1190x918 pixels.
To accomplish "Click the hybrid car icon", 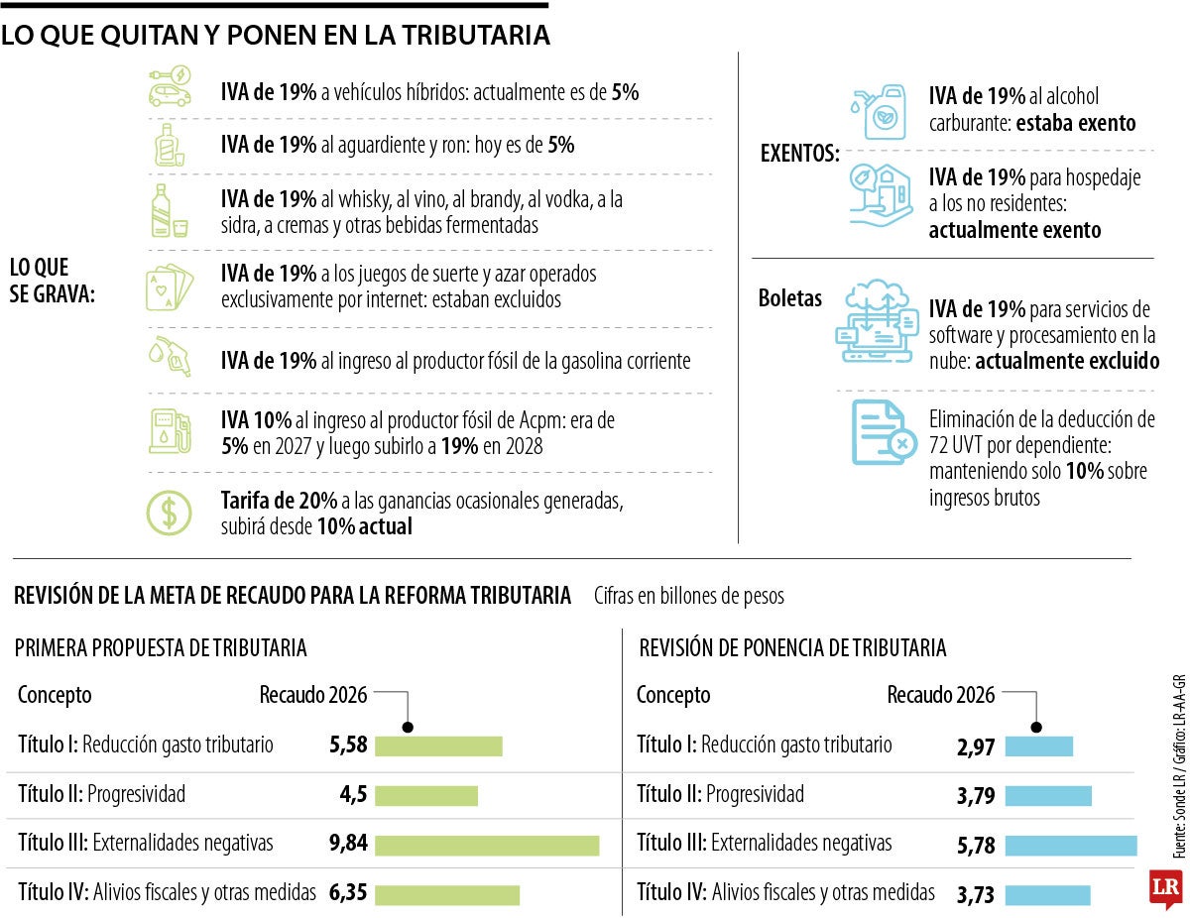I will (x=170, y=87).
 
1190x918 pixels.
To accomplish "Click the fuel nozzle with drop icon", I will (x=170, y=357).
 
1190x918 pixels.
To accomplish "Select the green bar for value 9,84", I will (x=487, y=845).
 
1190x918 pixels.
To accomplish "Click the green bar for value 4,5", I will (x=426, y=796).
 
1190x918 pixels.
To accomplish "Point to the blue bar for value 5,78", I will (x=1071, y=845).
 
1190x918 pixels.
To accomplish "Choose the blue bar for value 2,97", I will (x=1039, y=746).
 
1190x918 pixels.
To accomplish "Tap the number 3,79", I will (x=976, y=796).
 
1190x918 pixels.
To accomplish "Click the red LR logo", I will (x=1166, y=887).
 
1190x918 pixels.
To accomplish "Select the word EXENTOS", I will (x=799, y=155).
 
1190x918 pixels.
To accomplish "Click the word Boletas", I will (x=790, y=298).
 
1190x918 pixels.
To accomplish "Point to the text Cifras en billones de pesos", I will (x=689, y=596).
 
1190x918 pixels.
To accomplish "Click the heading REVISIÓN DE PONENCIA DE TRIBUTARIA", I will (x=792, y=648).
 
